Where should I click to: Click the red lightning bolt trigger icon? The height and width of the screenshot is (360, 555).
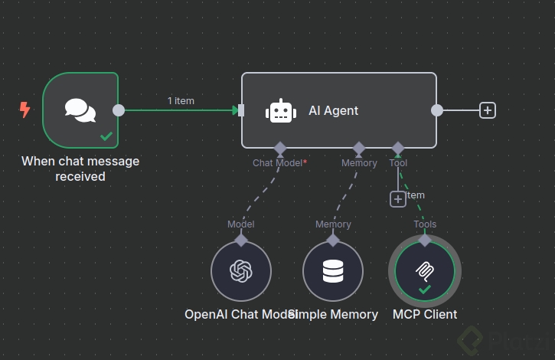24,110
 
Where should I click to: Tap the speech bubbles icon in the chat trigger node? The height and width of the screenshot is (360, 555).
80,110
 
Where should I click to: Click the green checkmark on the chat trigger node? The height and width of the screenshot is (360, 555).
106,136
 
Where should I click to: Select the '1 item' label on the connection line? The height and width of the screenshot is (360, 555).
181,100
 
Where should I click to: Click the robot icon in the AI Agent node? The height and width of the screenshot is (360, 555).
281,111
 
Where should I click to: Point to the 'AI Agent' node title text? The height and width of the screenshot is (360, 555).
333,110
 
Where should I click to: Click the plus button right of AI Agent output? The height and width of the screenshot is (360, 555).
488,110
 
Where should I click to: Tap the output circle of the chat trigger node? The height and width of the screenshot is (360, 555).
119,110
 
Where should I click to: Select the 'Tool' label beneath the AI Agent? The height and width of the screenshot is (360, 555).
398,163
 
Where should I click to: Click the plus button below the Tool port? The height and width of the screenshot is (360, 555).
398,199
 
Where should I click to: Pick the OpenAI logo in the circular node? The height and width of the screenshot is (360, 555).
241,271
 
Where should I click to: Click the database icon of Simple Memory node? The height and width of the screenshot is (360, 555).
333,271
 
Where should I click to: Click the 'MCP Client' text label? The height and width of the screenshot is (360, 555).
425,314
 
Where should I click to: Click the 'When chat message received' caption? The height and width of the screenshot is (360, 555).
80,169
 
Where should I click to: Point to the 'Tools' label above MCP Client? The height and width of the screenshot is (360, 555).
425,224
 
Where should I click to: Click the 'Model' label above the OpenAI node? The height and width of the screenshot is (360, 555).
241,224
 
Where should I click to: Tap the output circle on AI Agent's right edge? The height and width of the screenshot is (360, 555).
437,110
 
